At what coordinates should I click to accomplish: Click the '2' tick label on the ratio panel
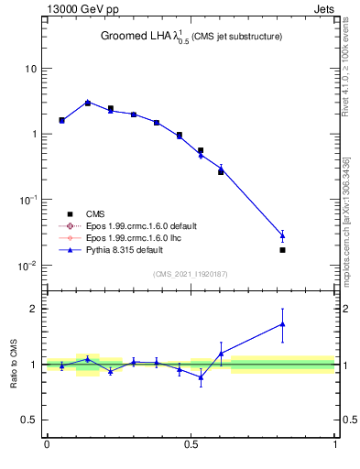[35, 309]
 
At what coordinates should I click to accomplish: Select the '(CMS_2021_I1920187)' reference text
[191, 274]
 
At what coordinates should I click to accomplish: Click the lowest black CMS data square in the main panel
[282, 250]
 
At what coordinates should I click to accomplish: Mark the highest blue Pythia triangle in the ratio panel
[282, 323]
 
